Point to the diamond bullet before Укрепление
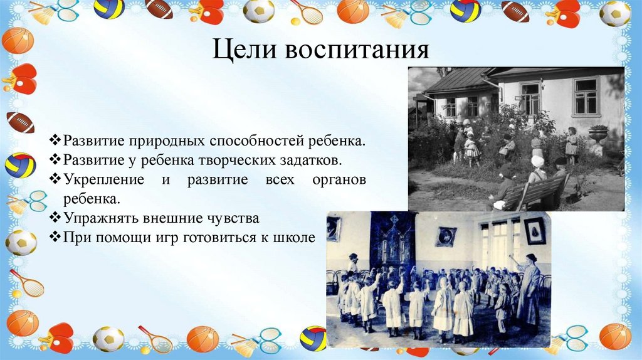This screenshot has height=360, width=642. (55, 179)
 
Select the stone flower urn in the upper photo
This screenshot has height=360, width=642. (598, 134)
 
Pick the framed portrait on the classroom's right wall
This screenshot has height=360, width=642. (534, 230)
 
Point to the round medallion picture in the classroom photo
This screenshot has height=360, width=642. (446, 236)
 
